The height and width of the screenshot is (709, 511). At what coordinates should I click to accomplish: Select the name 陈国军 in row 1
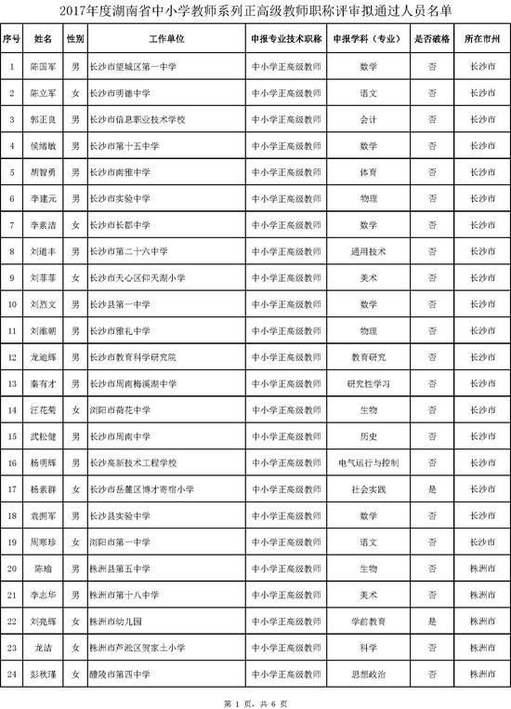43,68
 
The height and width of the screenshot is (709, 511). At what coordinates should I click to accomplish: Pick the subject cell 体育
368,172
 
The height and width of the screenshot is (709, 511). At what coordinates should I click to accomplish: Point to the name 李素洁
43,225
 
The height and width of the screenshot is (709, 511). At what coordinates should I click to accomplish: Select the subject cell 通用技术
368,251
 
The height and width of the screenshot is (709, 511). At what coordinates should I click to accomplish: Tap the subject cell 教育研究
368,356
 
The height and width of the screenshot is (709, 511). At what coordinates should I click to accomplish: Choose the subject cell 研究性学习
368,383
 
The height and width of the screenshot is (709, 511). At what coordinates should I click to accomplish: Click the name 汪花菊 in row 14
43,409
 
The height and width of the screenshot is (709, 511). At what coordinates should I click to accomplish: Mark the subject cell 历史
368,435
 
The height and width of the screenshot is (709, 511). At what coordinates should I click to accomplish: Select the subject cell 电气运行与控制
368,462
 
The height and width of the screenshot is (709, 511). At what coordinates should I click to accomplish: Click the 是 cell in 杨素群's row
432,488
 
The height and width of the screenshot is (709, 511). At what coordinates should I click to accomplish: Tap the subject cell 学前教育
368,620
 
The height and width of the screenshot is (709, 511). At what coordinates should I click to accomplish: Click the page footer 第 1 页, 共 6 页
255,700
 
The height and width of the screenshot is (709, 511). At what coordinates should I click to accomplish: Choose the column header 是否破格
432,42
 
